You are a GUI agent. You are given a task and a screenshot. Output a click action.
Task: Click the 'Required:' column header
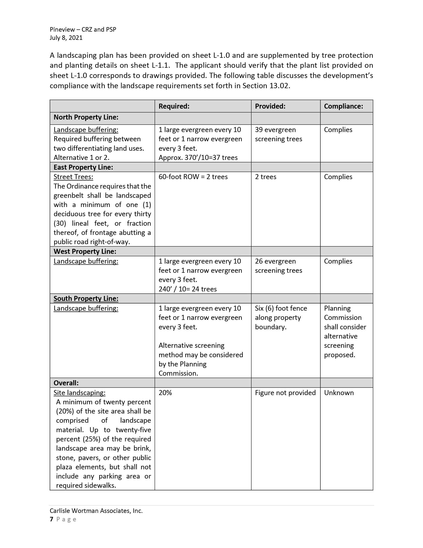pos(174,106)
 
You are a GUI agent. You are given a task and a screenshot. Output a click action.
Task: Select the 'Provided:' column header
pos(270,106)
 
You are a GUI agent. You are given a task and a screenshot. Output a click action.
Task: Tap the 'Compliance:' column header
pos(343,106)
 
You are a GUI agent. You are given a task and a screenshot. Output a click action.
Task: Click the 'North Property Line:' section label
pos(86,117)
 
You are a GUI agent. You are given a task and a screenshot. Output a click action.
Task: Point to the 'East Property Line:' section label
pos(83,167)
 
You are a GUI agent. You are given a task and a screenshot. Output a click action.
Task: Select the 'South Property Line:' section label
pos(86,299)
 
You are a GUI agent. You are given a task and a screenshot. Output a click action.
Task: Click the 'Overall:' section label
pos(66,383)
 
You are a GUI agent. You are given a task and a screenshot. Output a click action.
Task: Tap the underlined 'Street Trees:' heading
pos(73,177)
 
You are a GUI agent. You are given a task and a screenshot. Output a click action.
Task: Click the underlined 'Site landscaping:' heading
pos(79,393)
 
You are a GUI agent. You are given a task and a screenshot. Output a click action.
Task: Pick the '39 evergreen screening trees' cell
pos(278,135)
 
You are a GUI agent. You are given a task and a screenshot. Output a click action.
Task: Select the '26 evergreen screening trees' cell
pos(278,266)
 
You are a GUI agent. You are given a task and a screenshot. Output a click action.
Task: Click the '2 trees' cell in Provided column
pos(266,177)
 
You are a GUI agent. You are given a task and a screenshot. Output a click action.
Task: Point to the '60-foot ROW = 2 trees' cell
pos(193,177)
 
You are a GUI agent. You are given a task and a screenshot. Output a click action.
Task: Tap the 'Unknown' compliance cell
pos(339,393)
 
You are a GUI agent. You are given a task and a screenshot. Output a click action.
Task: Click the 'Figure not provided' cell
pos(285,393)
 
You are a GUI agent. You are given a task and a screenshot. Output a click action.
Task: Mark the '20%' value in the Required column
pos(165,393)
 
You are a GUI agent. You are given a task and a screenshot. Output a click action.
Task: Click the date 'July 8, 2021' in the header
pos(66,38)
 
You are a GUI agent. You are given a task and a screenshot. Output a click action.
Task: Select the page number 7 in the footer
pos(52,519)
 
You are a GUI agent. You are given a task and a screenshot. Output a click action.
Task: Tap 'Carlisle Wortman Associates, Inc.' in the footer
pos(96,511)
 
